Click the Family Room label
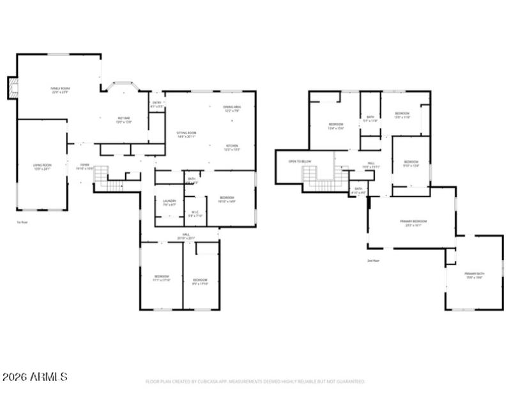click(x=60, y=89)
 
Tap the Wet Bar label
click(x=123, y=120)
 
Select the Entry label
click(x=156, y=104)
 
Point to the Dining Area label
click(x=232, y=109)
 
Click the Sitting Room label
click(x=187, y=134)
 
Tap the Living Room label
click(x=42, y=167)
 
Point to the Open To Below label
click(x=300, y=162)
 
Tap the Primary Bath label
click(x=473, y=275)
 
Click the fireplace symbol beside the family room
click(x=12, y=88)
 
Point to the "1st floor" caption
click(x=22, y=222)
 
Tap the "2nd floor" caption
click(x=373, y=261)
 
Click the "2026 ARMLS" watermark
click(x=34, y=377)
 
